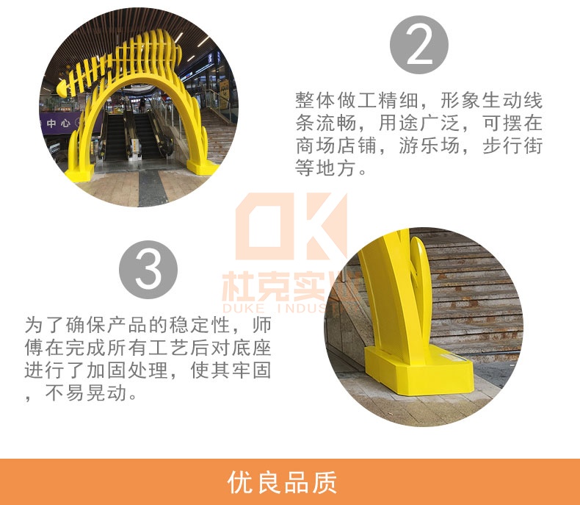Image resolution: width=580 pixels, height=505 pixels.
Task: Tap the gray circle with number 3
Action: [x=149, y=270]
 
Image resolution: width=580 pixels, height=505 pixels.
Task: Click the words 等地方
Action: [x=325, y=168]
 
